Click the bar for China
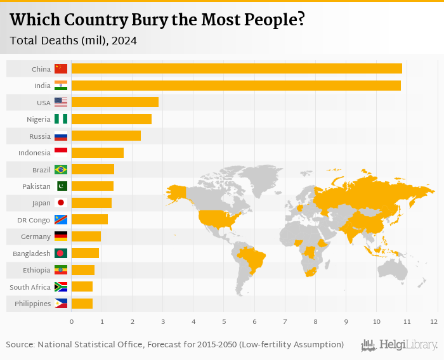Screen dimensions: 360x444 coord(236,68)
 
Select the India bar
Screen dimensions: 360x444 coord(235,86)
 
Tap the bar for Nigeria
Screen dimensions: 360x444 coord(111,119)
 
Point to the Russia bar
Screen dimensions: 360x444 coord(106,136)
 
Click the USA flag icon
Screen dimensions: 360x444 coord(61,102)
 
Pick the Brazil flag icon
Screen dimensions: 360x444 coord(61,169)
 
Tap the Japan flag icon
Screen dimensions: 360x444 coord(61,203)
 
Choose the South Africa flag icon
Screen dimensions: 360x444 coord(61,286)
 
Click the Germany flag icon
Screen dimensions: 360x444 coord(61,236)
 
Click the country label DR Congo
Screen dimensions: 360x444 coord(34,220)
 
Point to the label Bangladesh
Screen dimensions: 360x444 coord(32,254)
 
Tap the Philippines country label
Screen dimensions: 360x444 coord(32,304)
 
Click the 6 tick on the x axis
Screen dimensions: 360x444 coord(254,322)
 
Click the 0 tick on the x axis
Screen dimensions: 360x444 coord(72,322)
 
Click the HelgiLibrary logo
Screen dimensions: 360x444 coord(400,345)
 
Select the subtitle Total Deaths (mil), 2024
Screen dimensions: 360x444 coord(73,40)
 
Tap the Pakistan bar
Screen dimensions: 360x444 coord(93,186)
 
